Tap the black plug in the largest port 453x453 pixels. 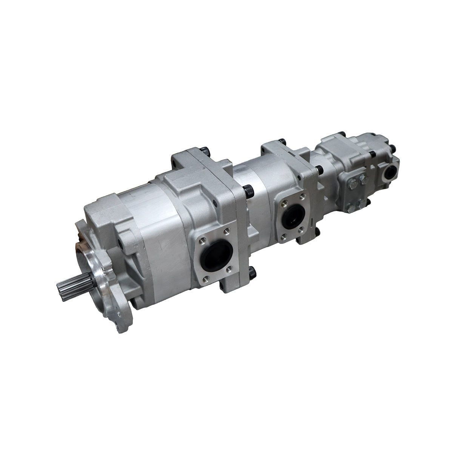(x=214, y=257)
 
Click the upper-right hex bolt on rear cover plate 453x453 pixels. (x=362, y=180)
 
